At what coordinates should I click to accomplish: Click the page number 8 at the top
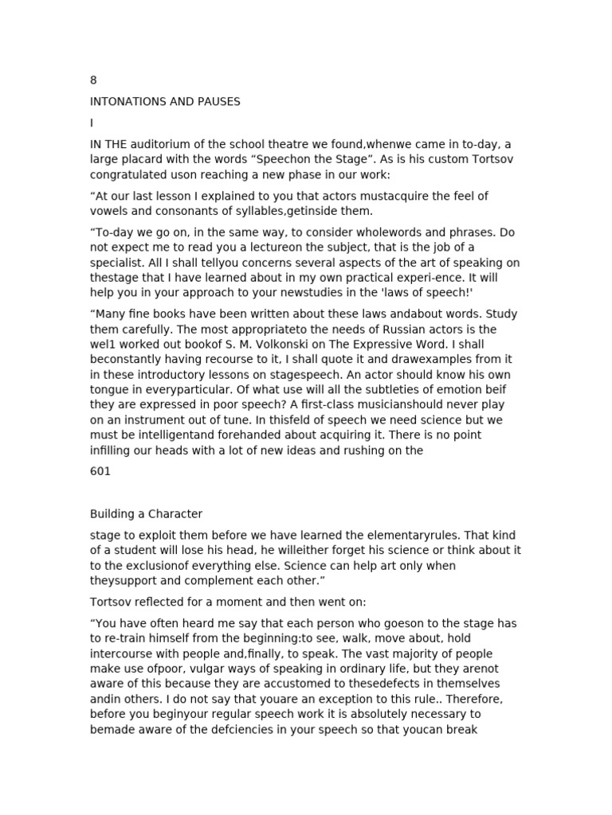tap(93, 80)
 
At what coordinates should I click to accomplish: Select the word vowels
tap(112, 211)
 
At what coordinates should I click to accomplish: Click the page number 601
tap(100, 471)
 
